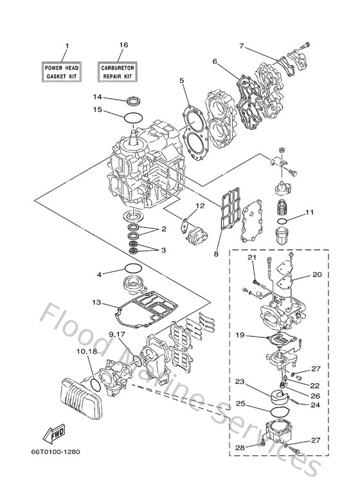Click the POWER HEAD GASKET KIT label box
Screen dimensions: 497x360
[60, 71]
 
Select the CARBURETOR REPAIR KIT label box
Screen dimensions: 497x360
[118, 71]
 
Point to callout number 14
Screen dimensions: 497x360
[96, 97]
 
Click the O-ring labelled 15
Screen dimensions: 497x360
[133, 117]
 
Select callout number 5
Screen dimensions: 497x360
[182, 80]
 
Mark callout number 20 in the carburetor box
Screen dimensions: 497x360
[316, 274]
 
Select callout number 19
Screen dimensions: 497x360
[239, 334]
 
